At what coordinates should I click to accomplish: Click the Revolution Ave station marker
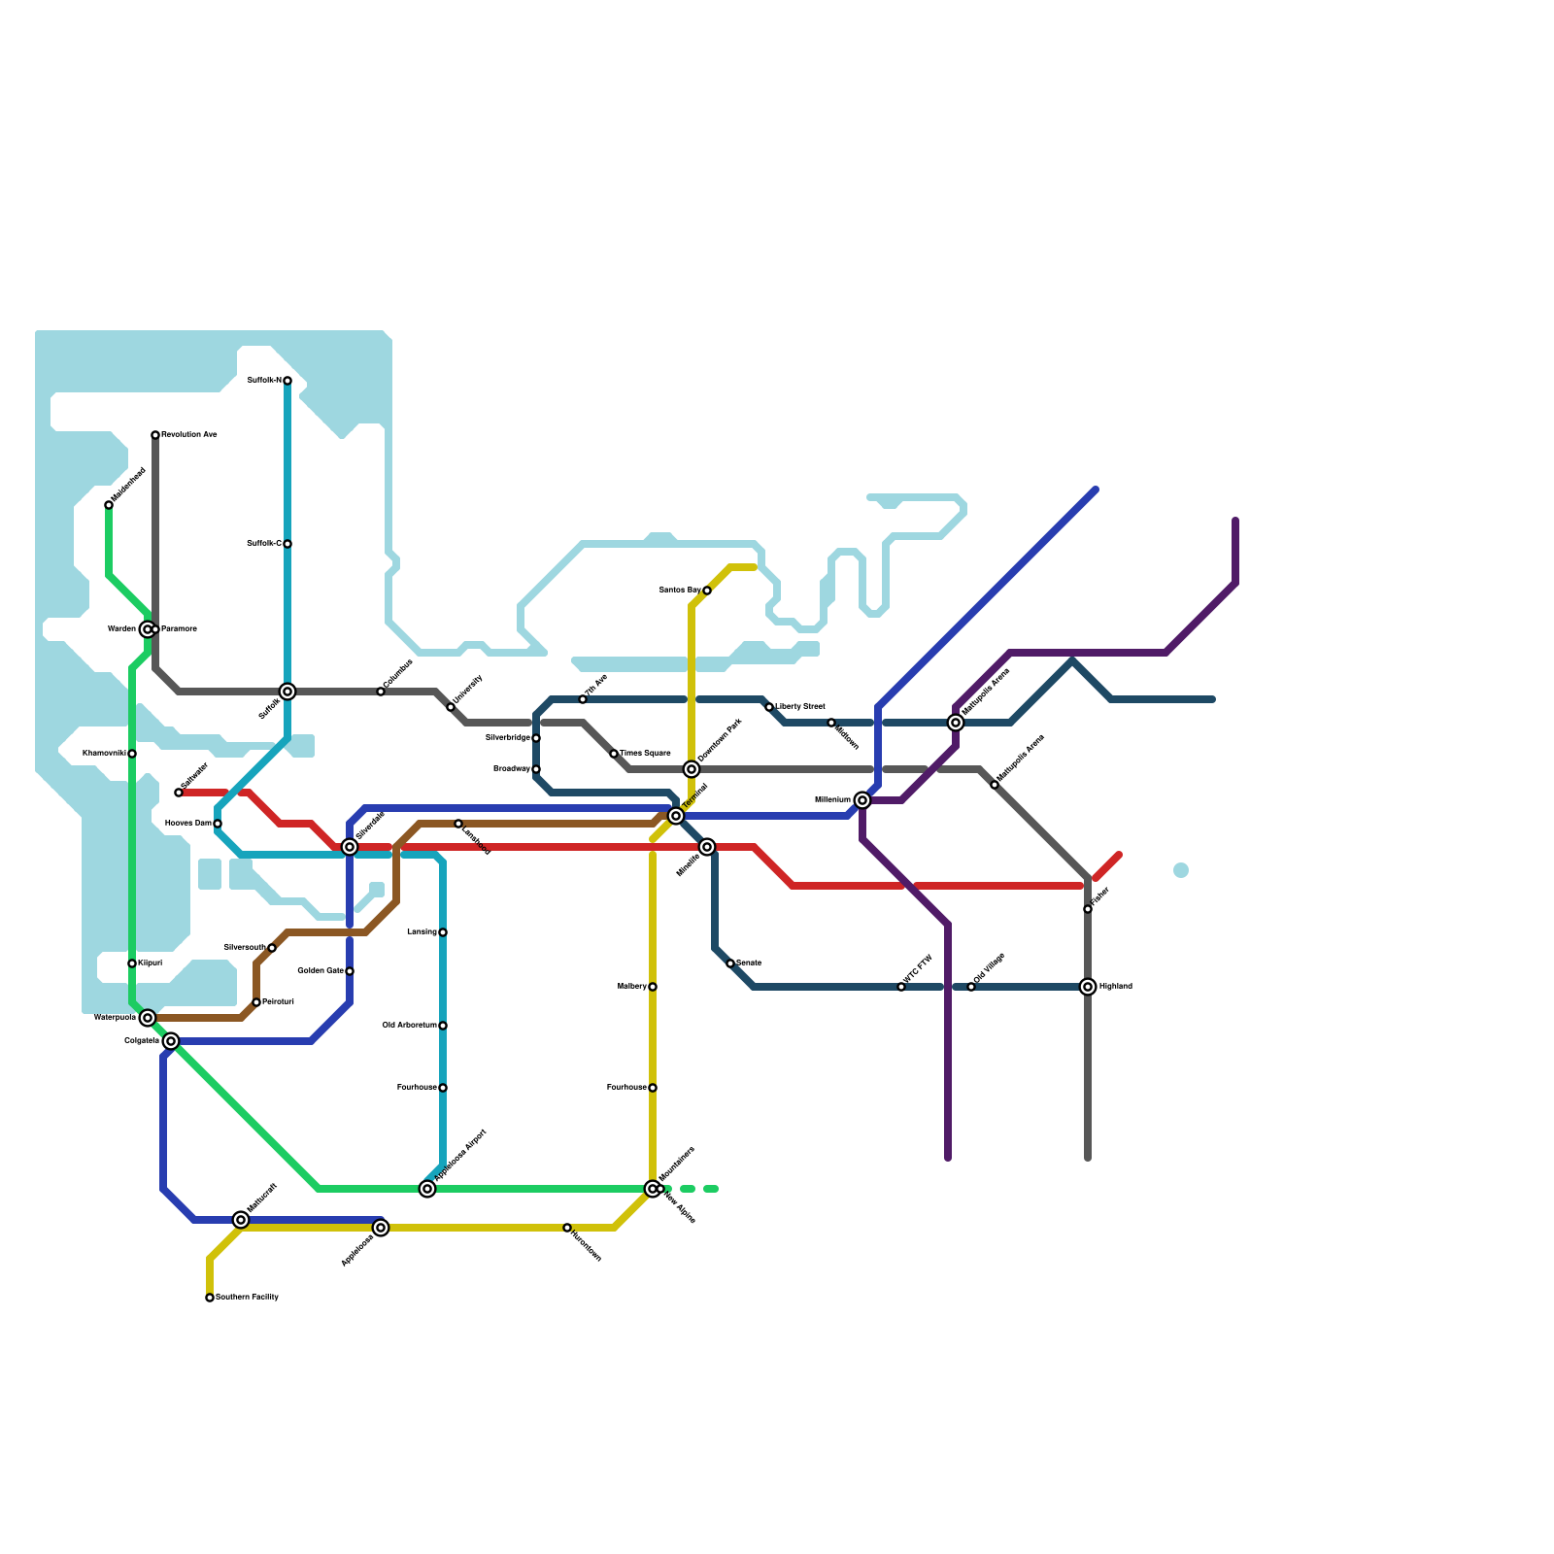[x=155, y=435]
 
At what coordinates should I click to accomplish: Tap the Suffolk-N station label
[x=263, y=381]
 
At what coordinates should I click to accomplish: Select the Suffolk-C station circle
[x=287, y=544]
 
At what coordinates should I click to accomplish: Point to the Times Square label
[x=645, y=754]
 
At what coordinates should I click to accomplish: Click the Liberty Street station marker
[x=769, y=707]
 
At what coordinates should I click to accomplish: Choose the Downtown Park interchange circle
[x=692, y=769]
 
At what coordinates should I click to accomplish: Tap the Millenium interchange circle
[x=862, y=800]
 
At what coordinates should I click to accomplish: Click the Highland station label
[x=1116, y=987]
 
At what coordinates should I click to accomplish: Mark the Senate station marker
[x=730, y=963]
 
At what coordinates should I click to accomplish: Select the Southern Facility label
[x=247, y=1298]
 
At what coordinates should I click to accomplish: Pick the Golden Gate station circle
[x=350, y=971]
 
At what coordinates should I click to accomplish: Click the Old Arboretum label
[x=409, y=1026]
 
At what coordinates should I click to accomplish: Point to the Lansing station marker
[x=443, y=932]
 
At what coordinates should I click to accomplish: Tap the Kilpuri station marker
[x=132, y=963]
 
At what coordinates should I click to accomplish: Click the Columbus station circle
[x=381, y=692]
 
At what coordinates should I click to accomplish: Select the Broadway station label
[x=511, y=769]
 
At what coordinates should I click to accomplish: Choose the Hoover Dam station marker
[x=218, y=824]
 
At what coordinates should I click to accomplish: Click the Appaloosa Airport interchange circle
[x=427, y=1189]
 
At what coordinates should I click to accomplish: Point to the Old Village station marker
[x=971, y=987]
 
